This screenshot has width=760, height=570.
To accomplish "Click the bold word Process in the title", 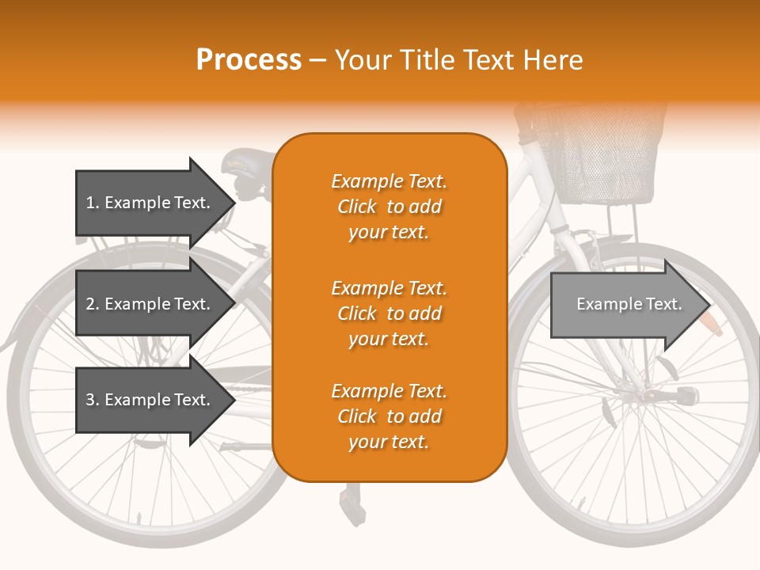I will (x=249, y=60).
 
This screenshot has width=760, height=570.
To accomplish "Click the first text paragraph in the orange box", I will (x=389, y=207).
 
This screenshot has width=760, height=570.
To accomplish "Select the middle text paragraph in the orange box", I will (x=389, y=313).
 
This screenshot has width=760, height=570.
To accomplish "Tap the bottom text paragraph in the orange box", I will (x=389, y=416).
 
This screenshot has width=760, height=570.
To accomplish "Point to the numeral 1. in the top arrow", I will (x=92, y=203).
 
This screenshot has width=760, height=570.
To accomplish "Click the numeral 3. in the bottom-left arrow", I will (x=92, y=400).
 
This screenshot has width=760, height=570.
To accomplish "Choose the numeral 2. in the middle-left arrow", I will (x=92, y=304).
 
